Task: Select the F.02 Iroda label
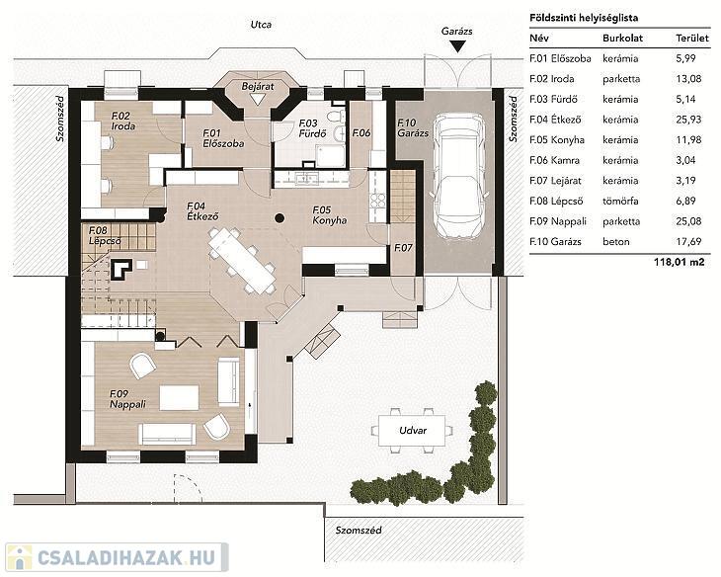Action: pos(123,121)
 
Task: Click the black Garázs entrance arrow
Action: pos(457,46)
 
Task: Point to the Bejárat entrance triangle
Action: pos(257,100)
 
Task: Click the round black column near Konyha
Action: pos(279,218)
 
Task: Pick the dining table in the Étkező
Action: pos(242,261)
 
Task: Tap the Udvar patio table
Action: pos(412,431)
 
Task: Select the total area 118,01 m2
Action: pos(679,262)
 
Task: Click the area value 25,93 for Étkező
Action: pos(688,120)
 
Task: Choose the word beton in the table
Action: pos(616,241)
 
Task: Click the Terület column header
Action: pos(692,39)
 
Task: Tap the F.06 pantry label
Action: pos(360,133)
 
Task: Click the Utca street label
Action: pos(261,25)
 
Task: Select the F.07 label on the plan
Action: pos(403,248)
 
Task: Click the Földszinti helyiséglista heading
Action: pos(584,18)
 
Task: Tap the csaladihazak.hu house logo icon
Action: pos(20,557)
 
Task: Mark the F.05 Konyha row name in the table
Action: pos(557,140)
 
